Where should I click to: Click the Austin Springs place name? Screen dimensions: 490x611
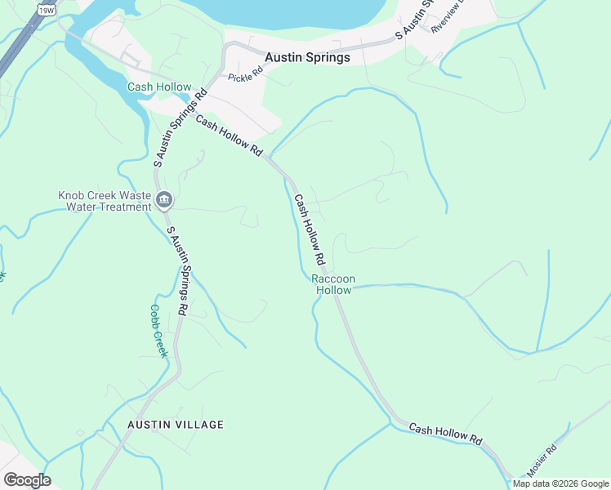click(308, 58)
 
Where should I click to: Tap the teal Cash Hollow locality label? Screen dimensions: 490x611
click(159, 87)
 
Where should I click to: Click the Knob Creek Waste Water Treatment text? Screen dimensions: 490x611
click(105, 201)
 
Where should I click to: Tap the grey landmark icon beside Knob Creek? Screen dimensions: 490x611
click(164, 200)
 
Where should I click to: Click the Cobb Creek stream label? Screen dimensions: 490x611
click(158, 331)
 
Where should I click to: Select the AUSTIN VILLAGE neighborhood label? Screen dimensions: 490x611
click(175, 425)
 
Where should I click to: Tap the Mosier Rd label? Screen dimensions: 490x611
click(541, 460)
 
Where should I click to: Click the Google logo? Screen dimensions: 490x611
click(27, 480)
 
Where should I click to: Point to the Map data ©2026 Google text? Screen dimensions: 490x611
click(560, 483)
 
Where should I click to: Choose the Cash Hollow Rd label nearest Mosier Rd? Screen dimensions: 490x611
click(446, 434)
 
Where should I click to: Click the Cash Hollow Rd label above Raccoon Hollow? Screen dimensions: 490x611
click(310, 229)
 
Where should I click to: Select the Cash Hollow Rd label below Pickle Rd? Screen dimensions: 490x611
click(230, 136)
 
